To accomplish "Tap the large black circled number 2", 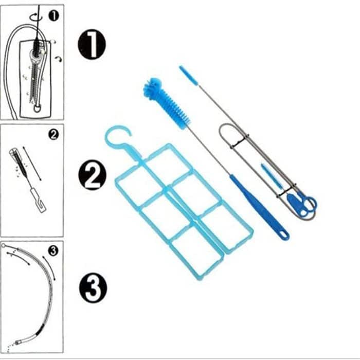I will (92, 176).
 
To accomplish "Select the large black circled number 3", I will (93, 287).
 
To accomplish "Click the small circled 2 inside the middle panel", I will (53, 135).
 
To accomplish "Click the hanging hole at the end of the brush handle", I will (283, 235).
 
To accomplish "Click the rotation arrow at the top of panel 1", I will (35, 14).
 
